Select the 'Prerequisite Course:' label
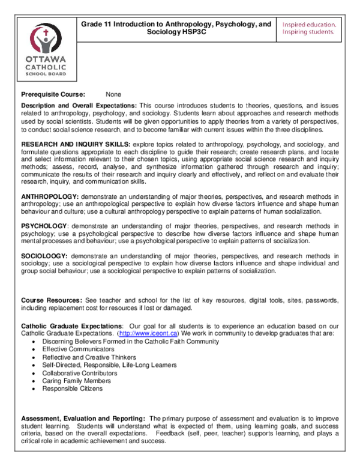pos(53,94)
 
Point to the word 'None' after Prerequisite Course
pos(113,94)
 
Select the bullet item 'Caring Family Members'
pos(76,381)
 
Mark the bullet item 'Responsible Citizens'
pos(72,389)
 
